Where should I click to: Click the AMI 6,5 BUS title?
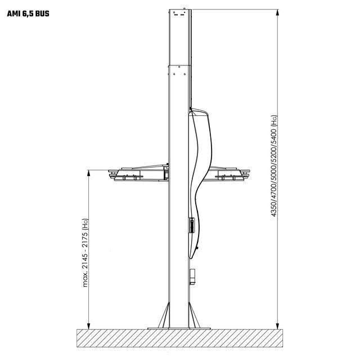point(28,13)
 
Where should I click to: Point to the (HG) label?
point(274,121)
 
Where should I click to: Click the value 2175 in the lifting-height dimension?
point(85,240)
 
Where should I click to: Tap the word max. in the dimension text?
point(85,280)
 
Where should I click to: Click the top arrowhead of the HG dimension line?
point(277,12)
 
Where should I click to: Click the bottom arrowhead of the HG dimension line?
point(277,326)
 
